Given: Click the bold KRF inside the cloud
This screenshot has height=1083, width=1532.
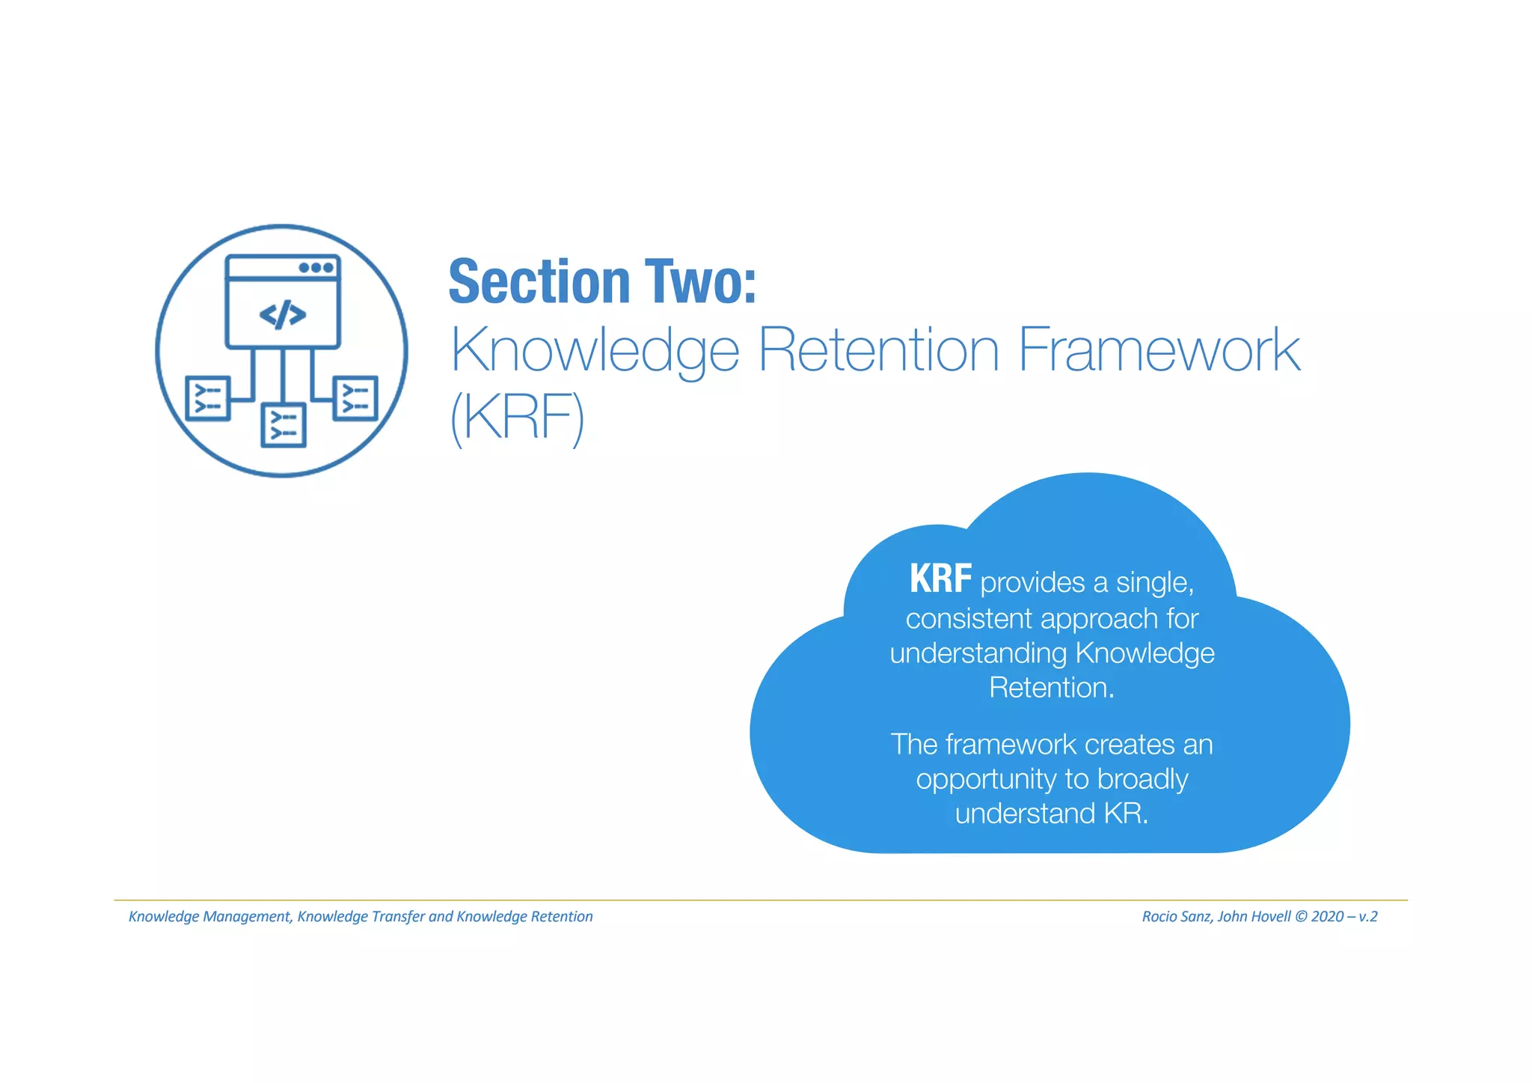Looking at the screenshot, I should pyautogui.click(x=940, y=579).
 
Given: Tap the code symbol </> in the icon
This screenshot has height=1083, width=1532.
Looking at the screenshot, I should pyautogui.click(x=282, y=314).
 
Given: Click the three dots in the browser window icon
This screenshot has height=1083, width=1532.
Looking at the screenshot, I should pyautogui.click(x=316, y=267).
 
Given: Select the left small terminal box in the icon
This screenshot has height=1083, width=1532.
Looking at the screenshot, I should pyautogui.click(x=207, y=398).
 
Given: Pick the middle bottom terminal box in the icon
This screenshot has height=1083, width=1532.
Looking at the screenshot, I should pyautogui.click(x=283, y=425).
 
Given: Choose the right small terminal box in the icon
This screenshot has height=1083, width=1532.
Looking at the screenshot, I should pyautogui.click(x=355, y=397).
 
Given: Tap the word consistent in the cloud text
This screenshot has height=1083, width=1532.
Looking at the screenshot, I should pyautogui.click(x=969, y=619).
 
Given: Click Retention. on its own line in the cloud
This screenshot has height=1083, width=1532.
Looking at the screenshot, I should pyautogui.click(x=1051, y=688).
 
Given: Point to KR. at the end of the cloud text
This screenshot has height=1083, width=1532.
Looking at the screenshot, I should pyautogui.click(x=1126, y=814).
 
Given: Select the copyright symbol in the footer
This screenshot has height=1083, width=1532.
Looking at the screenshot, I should pyautogui.click(x=1301, y=917).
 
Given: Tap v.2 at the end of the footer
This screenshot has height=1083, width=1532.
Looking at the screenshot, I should pyautogui.click(x=1367, y=917).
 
